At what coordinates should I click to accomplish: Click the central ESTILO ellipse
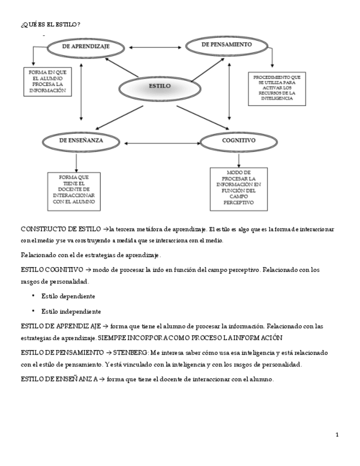point(160,86)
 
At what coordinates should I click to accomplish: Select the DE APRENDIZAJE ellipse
point(86,47)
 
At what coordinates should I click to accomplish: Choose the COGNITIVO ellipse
point(239,141)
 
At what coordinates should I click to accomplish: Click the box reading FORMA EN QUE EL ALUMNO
point(48,82)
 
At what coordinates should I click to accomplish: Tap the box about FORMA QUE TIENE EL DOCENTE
point(76,190)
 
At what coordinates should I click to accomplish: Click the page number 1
point(337,435)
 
